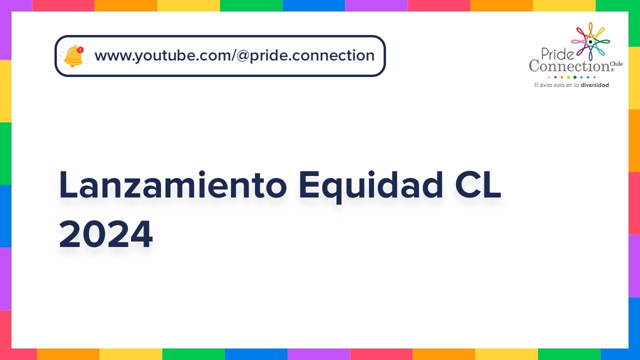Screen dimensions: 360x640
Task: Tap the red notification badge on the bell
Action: click(80, 49)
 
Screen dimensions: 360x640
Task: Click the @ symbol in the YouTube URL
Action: click(243, 55)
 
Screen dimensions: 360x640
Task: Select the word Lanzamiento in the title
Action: click(173, 185)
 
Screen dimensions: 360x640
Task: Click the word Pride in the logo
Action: click(554, 53)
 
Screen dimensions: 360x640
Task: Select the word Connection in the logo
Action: click(569, 65)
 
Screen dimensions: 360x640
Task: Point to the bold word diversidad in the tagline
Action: click(594, 85)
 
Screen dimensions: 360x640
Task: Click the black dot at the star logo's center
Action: click(590, 41)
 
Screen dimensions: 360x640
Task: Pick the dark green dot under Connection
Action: click(574, 77)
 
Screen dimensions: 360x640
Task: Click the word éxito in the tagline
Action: click(546, 85)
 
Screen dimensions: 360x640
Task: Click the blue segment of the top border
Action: click(313, 5)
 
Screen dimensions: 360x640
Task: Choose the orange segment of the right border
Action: click(634, 140)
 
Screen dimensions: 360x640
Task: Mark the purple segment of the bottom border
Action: click(318, 354)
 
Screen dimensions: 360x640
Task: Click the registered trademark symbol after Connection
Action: click(611, 70)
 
